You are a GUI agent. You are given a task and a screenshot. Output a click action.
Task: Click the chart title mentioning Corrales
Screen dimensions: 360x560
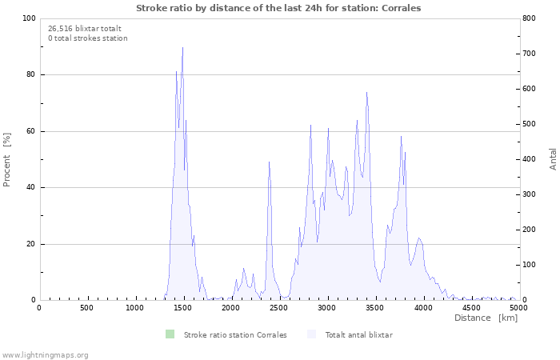tap(278, 7)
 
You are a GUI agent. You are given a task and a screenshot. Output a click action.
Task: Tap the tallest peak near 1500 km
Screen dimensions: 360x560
tap(182, 48)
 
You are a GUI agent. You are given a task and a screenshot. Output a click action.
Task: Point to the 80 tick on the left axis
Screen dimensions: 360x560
tap(30, 74)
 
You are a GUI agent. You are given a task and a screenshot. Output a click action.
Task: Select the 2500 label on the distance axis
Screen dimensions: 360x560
tap(278, 307)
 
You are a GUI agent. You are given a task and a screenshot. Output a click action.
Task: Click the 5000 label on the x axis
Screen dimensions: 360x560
tap(518, 307)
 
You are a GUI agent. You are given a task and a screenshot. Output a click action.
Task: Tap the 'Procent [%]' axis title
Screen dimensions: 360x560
tap(7, 159)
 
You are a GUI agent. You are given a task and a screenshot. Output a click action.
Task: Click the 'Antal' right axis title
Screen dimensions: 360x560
tap(553, 158)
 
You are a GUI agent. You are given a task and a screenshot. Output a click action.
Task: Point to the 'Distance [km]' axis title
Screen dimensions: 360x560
tap(486, 318)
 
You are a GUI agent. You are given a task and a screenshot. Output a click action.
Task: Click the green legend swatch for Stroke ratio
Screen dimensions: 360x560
tap(170, 334)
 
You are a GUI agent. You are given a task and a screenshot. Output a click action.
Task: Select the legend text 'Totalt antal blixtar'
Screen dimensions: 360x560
tap(358, 334)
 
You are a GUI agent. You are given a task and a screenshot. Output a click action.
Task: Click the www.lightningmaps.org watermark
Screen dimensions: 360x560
tap(45, 354)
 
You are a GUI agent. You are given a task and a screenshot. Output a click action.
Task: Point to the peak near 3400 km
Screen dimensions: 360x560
tap(366, 92)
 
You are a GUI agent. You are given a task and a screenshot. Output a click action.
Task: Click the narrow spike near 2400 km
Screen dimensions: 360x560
tap(269, 162)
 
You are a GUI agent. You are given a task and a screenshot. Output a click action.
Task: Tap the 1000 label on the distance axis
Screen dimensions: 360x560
tap(134, 307)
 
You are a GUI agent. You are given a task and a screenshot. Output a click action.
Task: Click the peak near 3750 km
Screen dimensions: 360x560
tap(402, 137)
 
